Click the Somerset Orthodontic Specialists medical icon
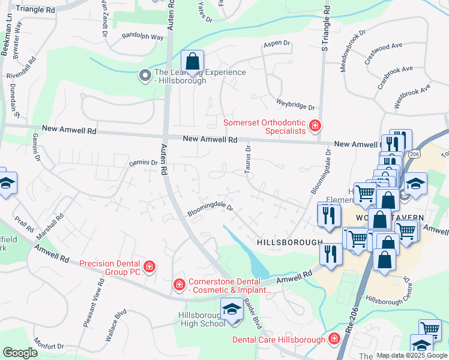[315, 125]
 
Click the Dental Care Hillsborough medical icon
[334, 339]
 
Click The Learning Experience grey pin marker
[145, 76]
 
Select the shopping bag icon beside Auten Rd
[192, 62]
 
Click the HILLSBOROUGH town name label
[290, 241]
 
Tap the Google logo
[20, 352]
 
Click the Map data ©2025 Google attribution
[412, 355]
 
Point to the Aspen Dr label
[277, 44]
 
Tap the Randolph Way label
[142, 37]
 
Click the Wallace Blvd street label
[115, 326]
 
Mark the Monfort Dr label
[49, 346]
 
